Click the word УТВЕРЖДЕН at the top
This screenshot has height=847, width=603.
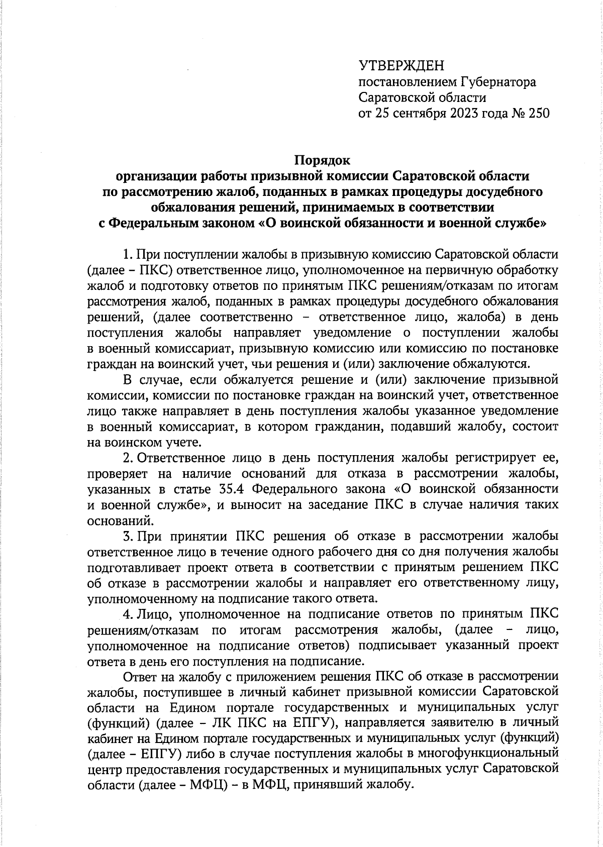pyautogui.click(x=401, y=66)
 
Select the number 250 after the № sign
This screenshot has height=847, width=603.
pyautogui.click(x=539, y=113)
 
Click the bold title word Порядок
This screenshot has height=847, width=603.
pyautogui.click(x=322, y=161)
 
